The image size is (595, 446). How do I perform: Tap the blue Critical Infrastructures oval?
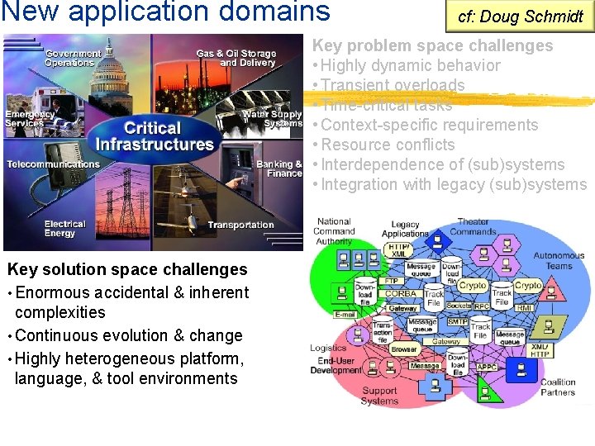click(154, 136)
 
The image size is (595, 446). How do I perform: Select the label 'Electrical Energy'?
click(65, 229)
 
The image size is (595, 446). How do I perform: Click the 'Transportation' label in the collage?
click(240, 225)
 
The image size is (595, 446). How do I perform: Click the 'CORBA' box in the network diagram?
click(402, 293)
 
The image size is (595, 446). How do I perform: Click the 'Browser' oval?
click(404, 349)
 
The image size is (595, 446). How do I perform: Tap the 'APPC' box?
click(486, 366)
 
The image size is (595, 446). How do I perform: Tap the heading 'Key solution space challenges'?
click(127, 269)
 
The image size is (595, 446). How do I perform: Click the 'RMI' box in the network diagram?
click(525, 308)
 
